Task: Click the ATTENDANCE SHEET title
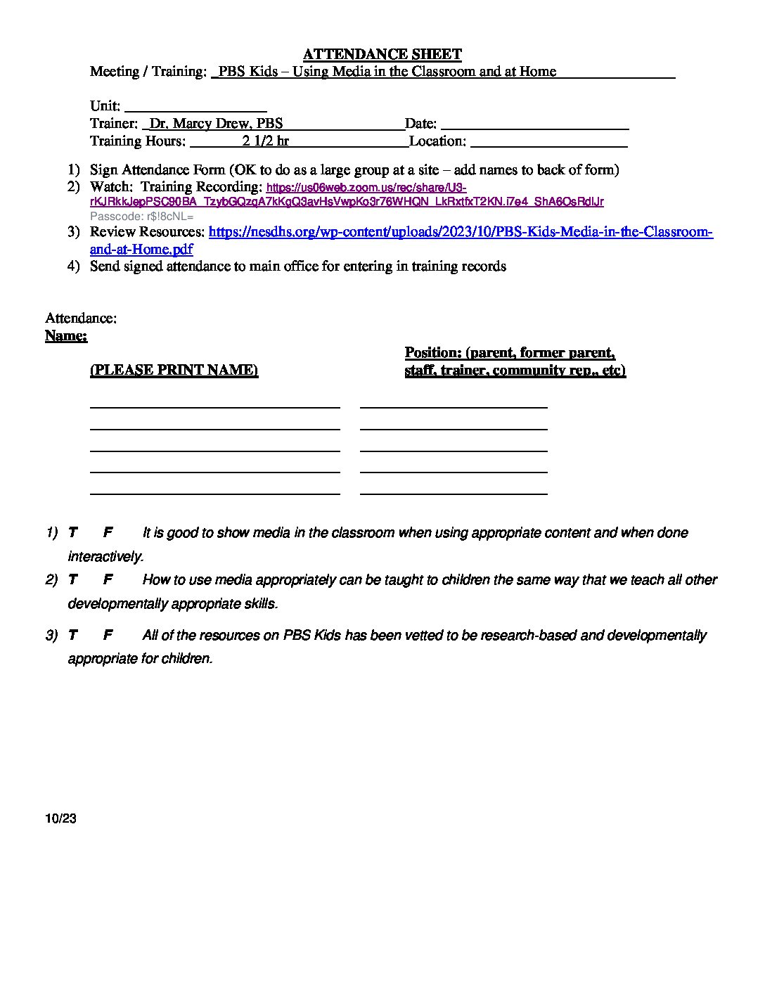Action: (x=382, y=54)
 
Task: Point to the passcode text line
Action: (x=141, y=217)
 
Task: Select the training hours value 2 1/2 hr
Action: (x=266, y=141)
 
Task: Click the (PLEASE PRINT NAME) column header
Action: (x=174, y=371)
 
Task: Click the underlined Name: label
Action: (x=66, y=336)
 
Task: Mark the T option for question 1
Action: (x=72, y=533)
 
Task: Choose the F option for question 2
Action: (x=108, y=580)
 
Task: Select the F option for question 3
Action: (x=108, y=636)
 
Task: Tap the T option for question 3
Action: (x=72, y=636)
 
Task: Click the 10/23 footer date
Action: (x=60, y=819)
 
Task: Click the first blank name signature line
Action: (x=214, y=406)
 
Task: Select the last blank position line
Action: (x=454, y=494)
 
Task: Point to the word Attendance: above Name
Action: (x=81, y=319)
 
